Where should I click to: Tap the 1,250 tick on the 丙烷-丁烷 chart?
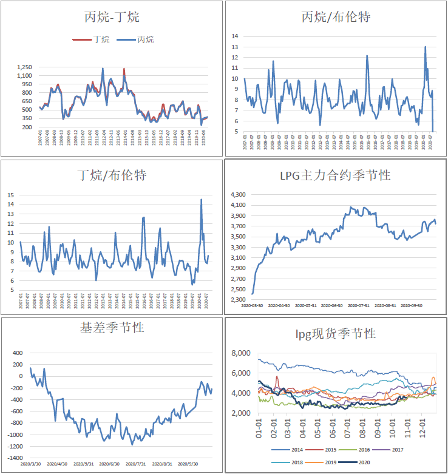pos(25,67)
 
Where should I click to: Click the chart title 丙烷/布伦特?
pos(336,17)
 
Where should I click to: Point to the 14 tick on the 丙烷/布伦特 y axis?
pos(234,36)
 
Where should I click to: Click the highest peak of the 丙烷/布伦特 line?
pos(425,47)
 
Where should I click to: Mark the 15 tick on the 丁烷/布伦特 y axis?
pos(10,195)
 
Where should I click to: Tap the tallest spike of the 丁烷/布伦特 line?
pos(202,199)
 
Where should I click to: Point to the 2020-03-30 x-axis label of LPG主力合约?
pos(252,305)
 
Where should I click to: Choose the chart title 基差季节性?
pos(112,328)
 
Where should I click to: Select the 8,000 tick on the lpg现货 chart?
pos(242,353)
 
